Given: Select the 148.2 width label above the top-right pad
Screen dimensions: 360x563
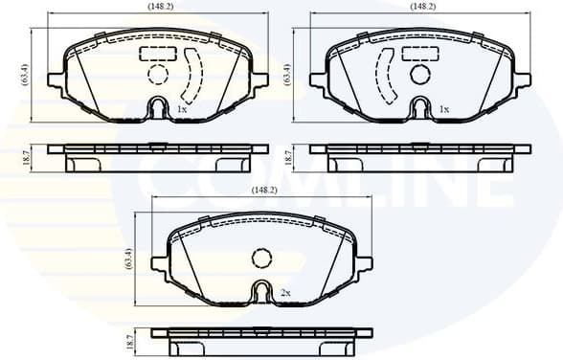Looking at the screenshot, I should coord(422,6).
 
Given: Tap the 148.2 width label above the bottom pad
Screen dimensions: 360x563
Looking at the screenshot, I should coord(264,191).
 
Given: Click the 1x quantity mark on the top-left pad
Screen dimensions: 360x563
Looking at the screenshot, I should coord(181,110).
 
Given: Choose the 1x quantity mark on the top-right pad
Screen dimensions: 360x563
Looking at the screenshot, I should coord(443,110).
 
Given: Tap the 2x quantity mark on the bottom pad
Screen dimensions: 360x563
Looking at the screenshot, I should coord(285,292).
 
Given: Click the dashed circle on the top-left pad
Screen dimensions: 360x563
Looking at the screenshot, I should coord(157,74).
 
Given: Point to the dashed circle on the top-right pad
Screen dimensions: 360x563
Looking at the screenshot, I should coord(419,74).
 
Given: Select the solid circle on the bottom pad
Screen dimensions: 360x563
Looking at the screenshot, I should coord(260,257).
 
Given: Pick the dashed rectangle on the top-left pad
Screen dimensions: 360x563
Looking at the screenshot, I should coord(157,54).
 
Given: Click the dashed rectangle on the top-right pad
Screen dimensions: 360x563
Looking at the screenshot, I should coord(419,54).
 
